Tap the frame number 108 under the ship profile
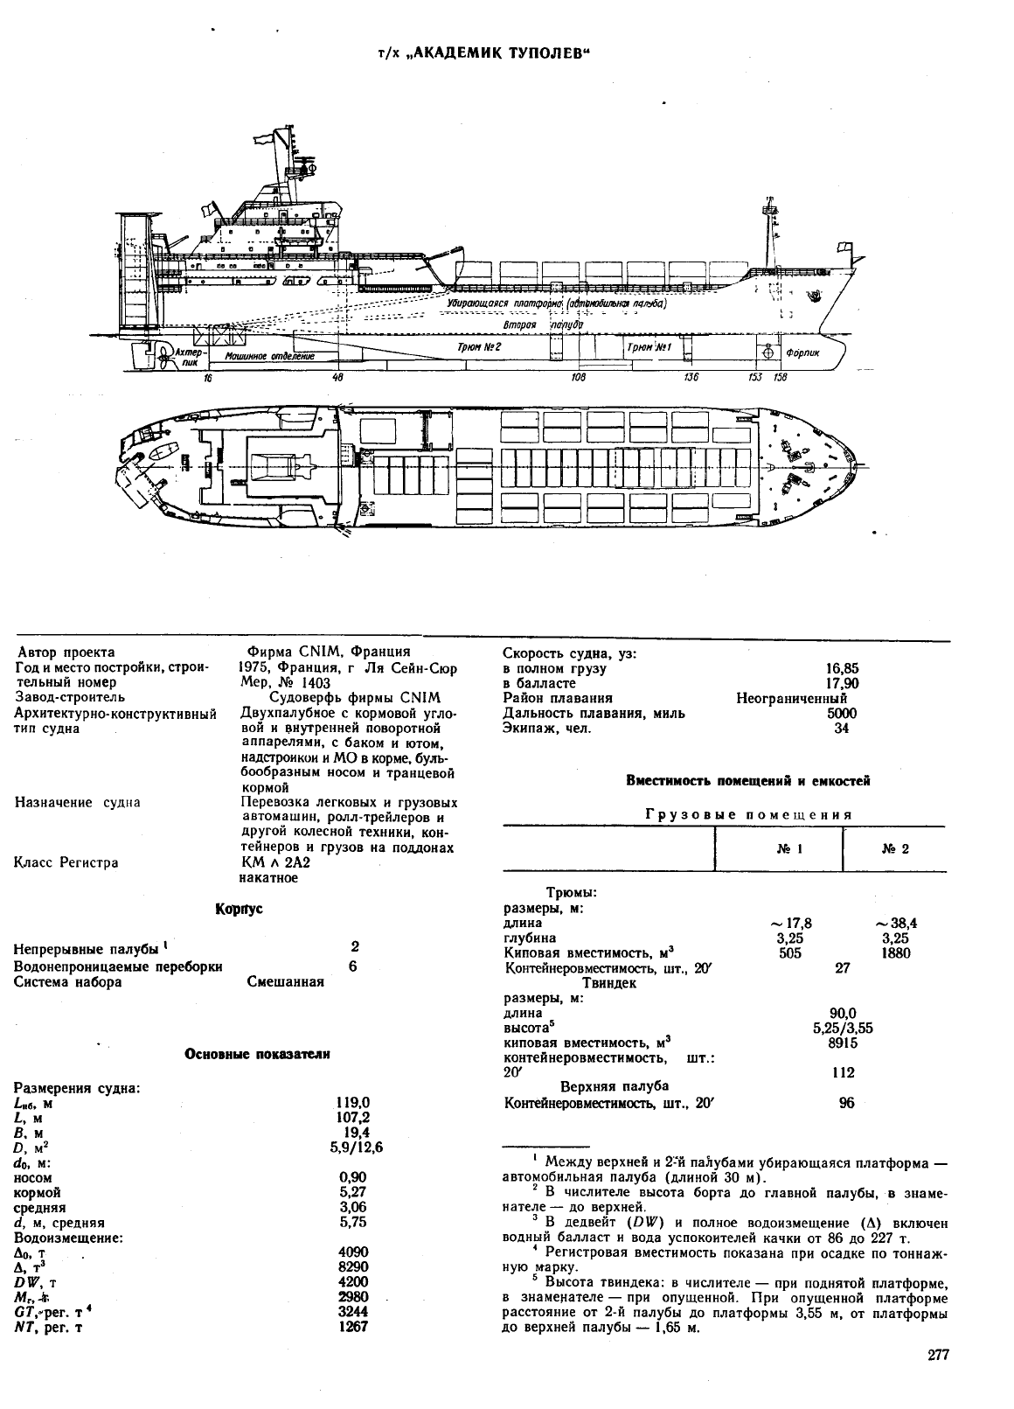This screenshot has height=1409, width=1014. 579,378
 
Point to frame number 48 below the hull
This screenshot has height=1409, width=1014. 338,378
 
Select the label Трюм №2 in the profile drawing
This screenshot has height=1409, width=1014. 480,346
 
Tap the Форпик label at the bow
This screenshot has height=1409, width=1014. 802,352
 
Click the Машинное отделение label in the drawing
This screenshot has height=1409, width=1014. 269,357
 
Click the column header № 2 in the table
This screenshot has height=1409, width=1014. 895,849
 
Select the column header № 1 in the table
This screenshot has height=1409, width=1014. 789,849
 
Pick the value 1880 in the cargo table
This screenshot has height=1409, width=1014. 895,953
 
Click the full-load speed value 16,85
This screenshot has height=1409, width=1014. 842,669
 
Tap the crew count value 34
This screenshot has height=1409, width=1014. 842,729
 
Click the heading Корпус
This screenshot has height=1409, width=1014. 239,910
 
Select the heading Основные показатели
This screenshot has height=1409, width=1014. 257,1054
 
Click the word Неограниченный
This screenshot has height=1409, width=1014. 791,698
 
